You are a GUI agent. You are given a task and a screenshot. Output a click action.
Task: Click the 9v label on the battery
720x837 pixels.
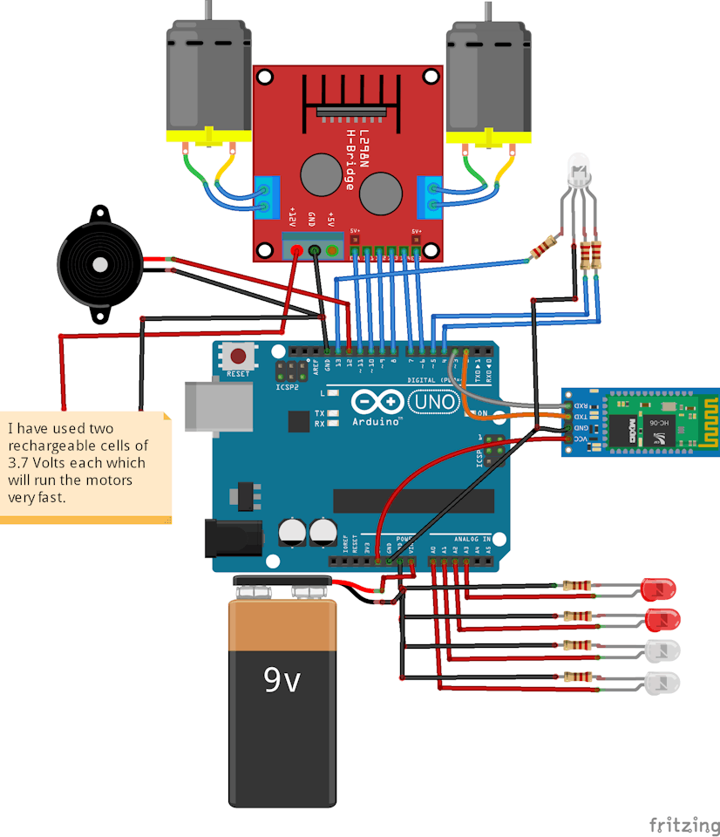[282, 679]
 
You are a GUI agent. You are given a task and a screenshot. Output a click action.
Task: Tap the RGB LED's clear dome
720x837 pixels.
[578, 167]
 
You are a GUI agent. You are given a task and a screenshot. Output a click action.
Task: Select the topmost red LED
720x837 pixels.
[660, 589]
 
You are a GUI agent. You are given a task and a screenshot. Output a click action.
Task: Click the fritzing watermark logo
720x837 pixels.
[683, 824]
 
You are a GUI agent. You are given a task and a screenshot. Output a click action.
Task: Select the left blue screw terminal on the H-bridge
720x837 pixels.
[268, 196]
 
